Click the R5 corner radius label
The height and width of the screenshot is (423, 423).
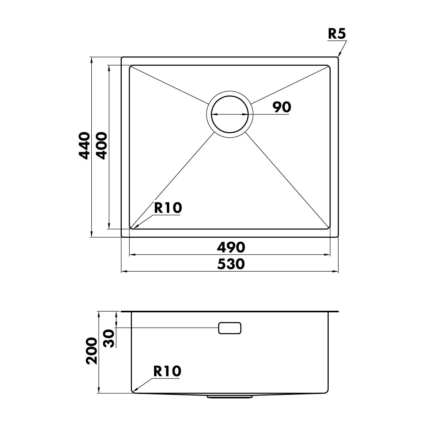point(337,34)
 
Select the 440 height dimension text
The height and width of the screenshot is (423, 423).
point(84,146)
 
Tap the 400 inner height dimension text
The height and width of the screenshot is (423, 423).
point(102,146)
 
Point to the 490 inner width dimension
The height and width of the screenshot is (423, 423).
point(231,247)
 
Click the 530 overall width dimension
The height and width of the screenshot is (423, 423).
point(231,264)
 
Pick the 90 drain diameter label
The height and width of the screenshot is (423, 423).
point(281,107)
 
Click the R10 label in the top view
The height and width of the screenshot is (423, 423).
point(168,208)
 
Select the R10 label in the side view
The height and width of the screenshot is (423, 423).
point(167,371)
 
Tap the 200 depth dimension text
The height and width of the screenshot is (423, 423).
point(91,351)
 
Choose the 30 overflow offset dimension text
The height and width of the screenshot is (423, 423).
point(110,338)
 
